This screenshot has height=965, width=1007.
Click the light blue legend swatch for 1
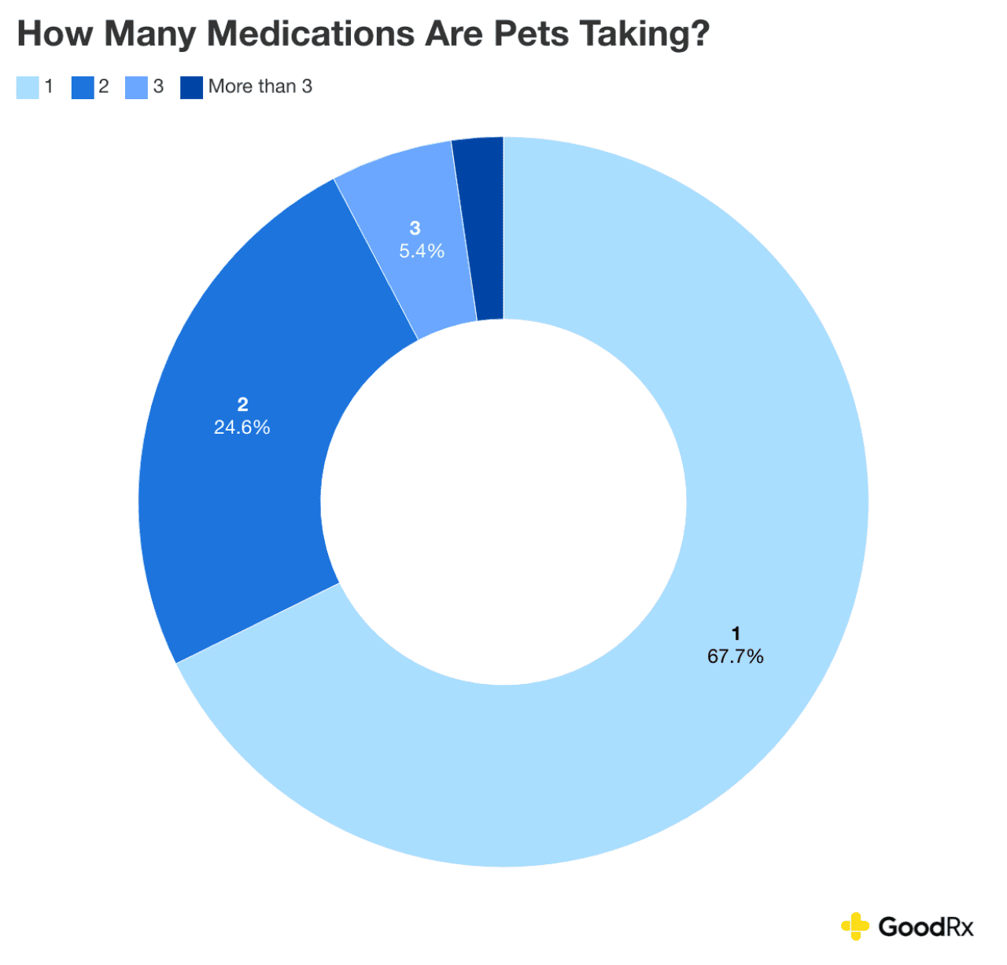(x=28, y=87)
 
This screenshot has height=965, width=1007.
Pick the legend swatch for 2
(x=83, y=87)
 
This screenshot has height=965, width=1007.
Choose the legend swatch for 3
(x=137, y=87)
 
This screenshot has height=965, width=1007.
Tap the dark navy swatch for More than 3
(x=192, y=87)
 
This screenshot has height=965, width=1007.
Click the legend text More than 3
(x=260, y=87)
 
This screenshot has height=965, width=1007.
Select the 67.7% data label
(x=735, y=656)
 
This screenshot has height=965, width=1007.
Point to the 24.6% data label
(x=242, y=427)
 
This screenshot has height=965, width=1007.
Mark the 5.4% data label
(x=422, y=251)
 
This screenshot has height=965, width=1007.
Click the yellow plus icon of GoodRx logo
(x=855, y=926)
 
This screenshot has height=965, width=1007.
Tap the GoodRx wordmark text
(x=926, y=926)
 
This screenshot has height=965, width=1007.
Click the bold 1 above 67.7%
(x=736, y=634)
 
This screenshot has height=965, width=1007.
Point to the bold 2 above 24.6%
(x=242, y=405)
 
